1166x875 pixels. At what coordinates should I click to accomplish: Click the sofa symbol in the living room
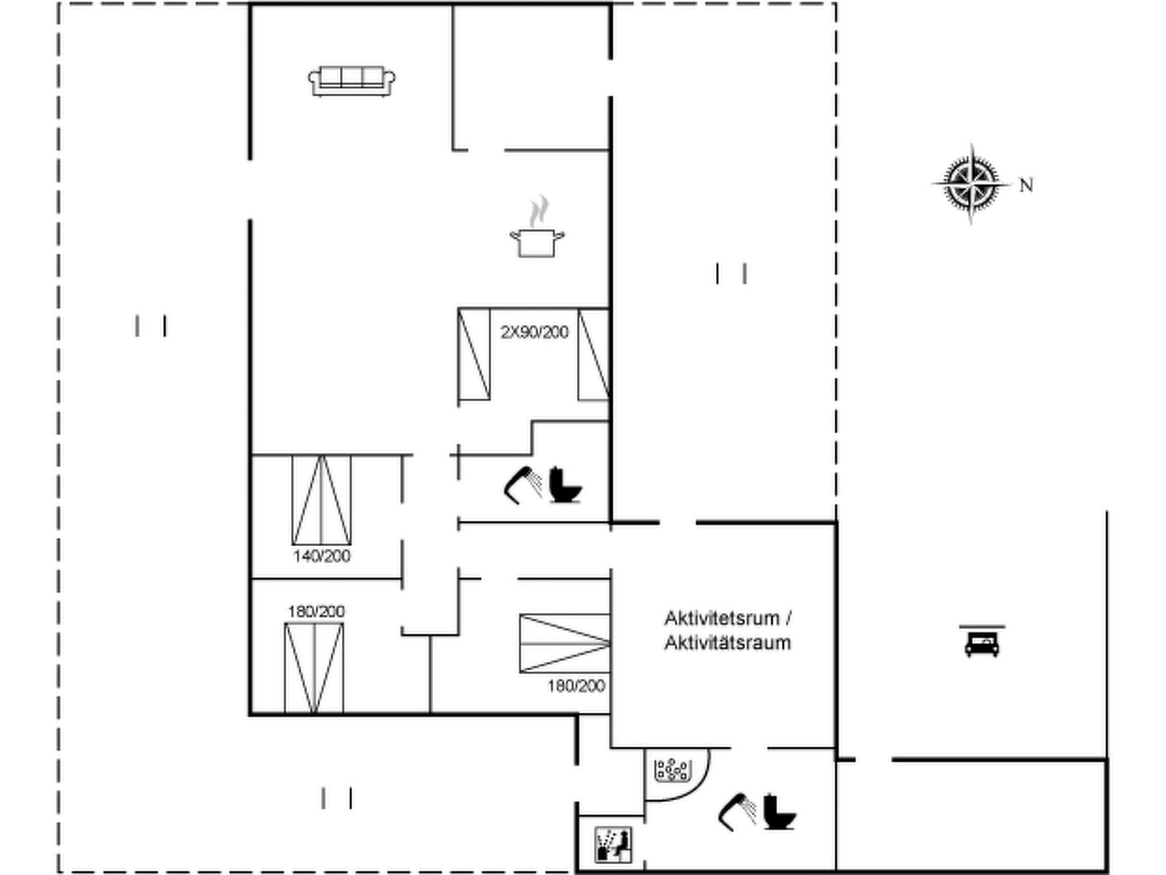[352, 81]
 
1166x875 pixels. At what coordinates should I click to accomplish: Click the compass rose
[971, 184]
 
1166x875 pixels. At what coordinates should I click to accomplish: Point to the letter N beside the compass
[1026, 186]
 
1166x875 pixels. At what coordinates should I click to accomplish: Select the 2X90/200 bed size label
[534, 332]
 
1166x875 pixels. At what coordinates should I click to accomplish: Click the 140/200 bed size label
[322, 556]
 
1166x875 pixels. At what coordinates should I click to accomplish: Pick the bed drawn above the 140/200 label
[322, 500]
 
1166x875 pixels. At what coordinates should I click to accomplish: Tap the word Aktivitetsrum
[721, 618]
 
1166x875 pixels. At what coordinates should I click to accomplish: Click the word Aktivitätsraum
[728, 643]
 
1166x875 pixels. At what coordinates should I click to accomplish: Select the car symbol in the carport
[982, 644]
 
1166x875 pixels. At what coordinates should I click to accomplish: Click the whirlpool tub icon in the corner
[672, 770]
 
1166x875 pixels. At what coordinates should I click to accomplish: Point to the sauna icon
[613, 845]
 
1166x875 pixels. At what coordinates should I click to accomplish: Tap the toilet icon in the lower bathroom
[778, 812]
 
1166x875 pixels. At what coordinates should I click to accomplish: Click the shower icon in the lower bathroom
[737, 812]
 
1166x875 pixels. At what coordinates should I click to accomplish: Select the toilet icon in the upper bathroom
[565, 485]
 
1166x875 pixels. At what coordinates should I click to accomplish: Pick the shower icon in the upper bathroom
[523, 485]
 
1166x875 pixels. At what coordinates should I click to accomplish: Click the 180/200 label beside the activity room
[576, 686]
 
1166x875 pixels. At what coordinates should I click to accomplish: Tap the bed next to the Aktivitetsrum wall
[564, 644]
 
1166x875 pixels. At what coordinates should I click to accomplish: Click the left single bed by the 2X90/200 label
[474, 354]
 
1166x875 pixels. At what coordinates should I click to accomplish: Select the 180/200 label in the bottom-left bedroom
[316, 612]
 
